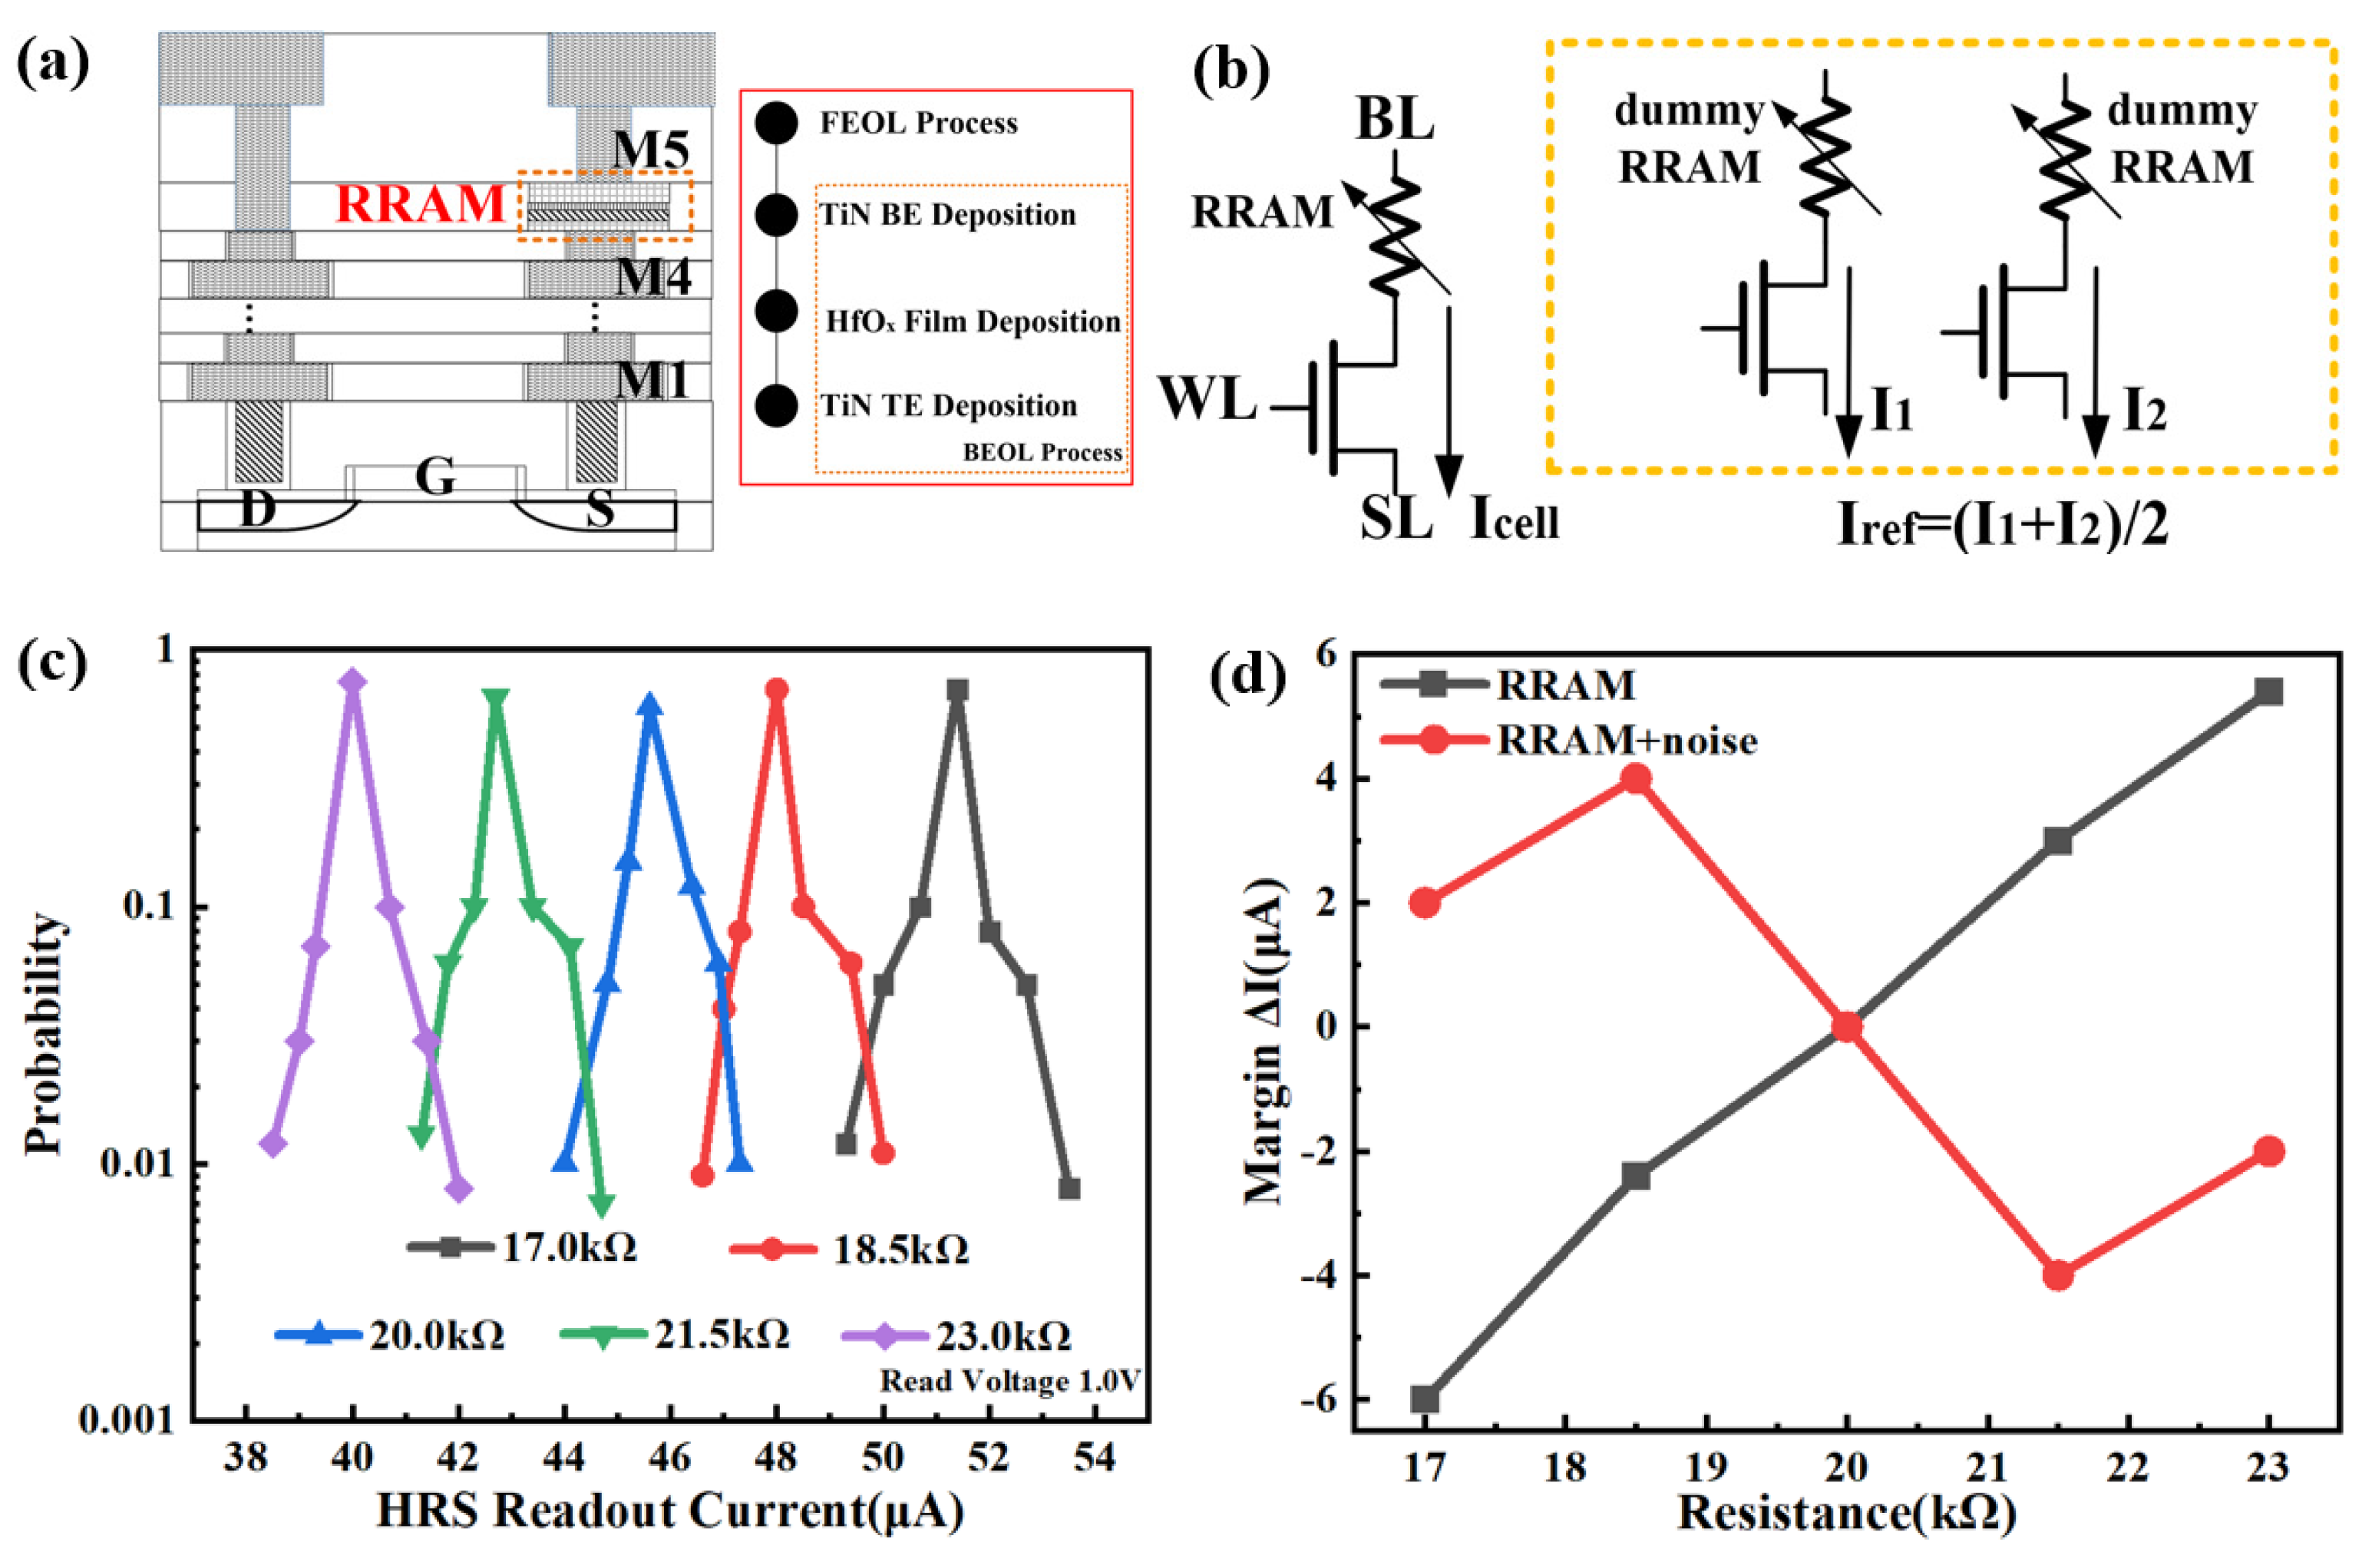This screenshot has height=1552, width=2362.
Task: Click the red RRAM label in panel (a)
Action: pyautogui.click(x=421, y=204)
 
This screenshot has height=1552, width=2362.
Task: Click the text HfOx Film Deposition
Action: pyautogui.click(x=973, y=322)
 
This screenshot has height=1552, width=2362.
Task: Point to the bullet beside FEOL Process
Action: pyautogui.click(x=776, y=123)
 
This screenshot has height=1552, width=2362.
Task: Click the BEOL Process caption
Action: pyautogui.click(x=1042, y=453)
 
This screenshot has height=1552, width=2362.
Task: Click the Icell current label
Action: pyautogui.click(x=1515, y=518)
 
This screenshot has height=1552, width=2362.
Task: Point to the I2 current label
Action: pyautogui.click(x=2144, y=412)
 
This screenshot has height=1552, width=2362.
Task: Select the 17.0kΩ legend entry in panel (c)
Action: pyautogui.click(x=523, y=1247)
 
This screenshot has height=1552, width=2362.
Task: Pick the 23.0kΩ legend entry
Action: pyautogui.click(x=958, y=1336)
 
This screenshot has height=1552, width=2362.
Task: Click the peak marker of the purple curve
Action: pyautogui.click(x=352, y=681)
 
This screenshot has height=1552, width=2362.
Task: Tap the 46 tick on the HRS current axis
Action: pyautogui.click(x=670, y=1457)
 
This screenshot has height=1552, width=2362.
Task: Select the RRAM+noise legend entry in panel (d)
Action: pyautogui.click(x=1569, y=740)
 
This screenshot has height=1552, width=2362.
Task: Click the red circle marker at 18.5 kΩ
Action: pyautogui.click(x=1637, y=779)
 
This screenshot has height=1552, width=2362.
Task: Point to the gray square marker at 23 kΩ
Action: pyautogui.click(x=2268, y=692)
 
